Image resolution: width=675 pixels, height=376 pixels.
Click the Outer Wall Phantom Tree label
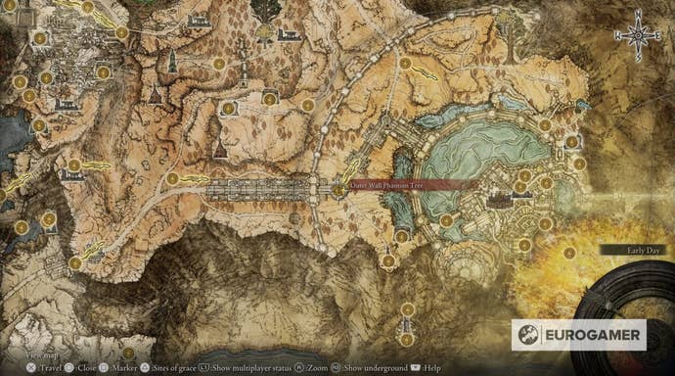[x=395, y=184]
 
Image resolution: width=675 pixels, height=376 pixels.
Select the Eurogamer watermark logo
[x=578, y=335]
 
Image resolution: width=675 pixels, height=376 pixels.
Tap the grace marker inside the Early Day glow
[x=569, y=252]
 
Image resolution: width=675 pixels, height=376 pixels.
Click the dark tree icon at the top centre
[x=265, y=12]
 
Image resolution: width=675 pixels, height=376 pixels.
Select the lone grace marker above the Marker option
[x=127, y=351]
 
